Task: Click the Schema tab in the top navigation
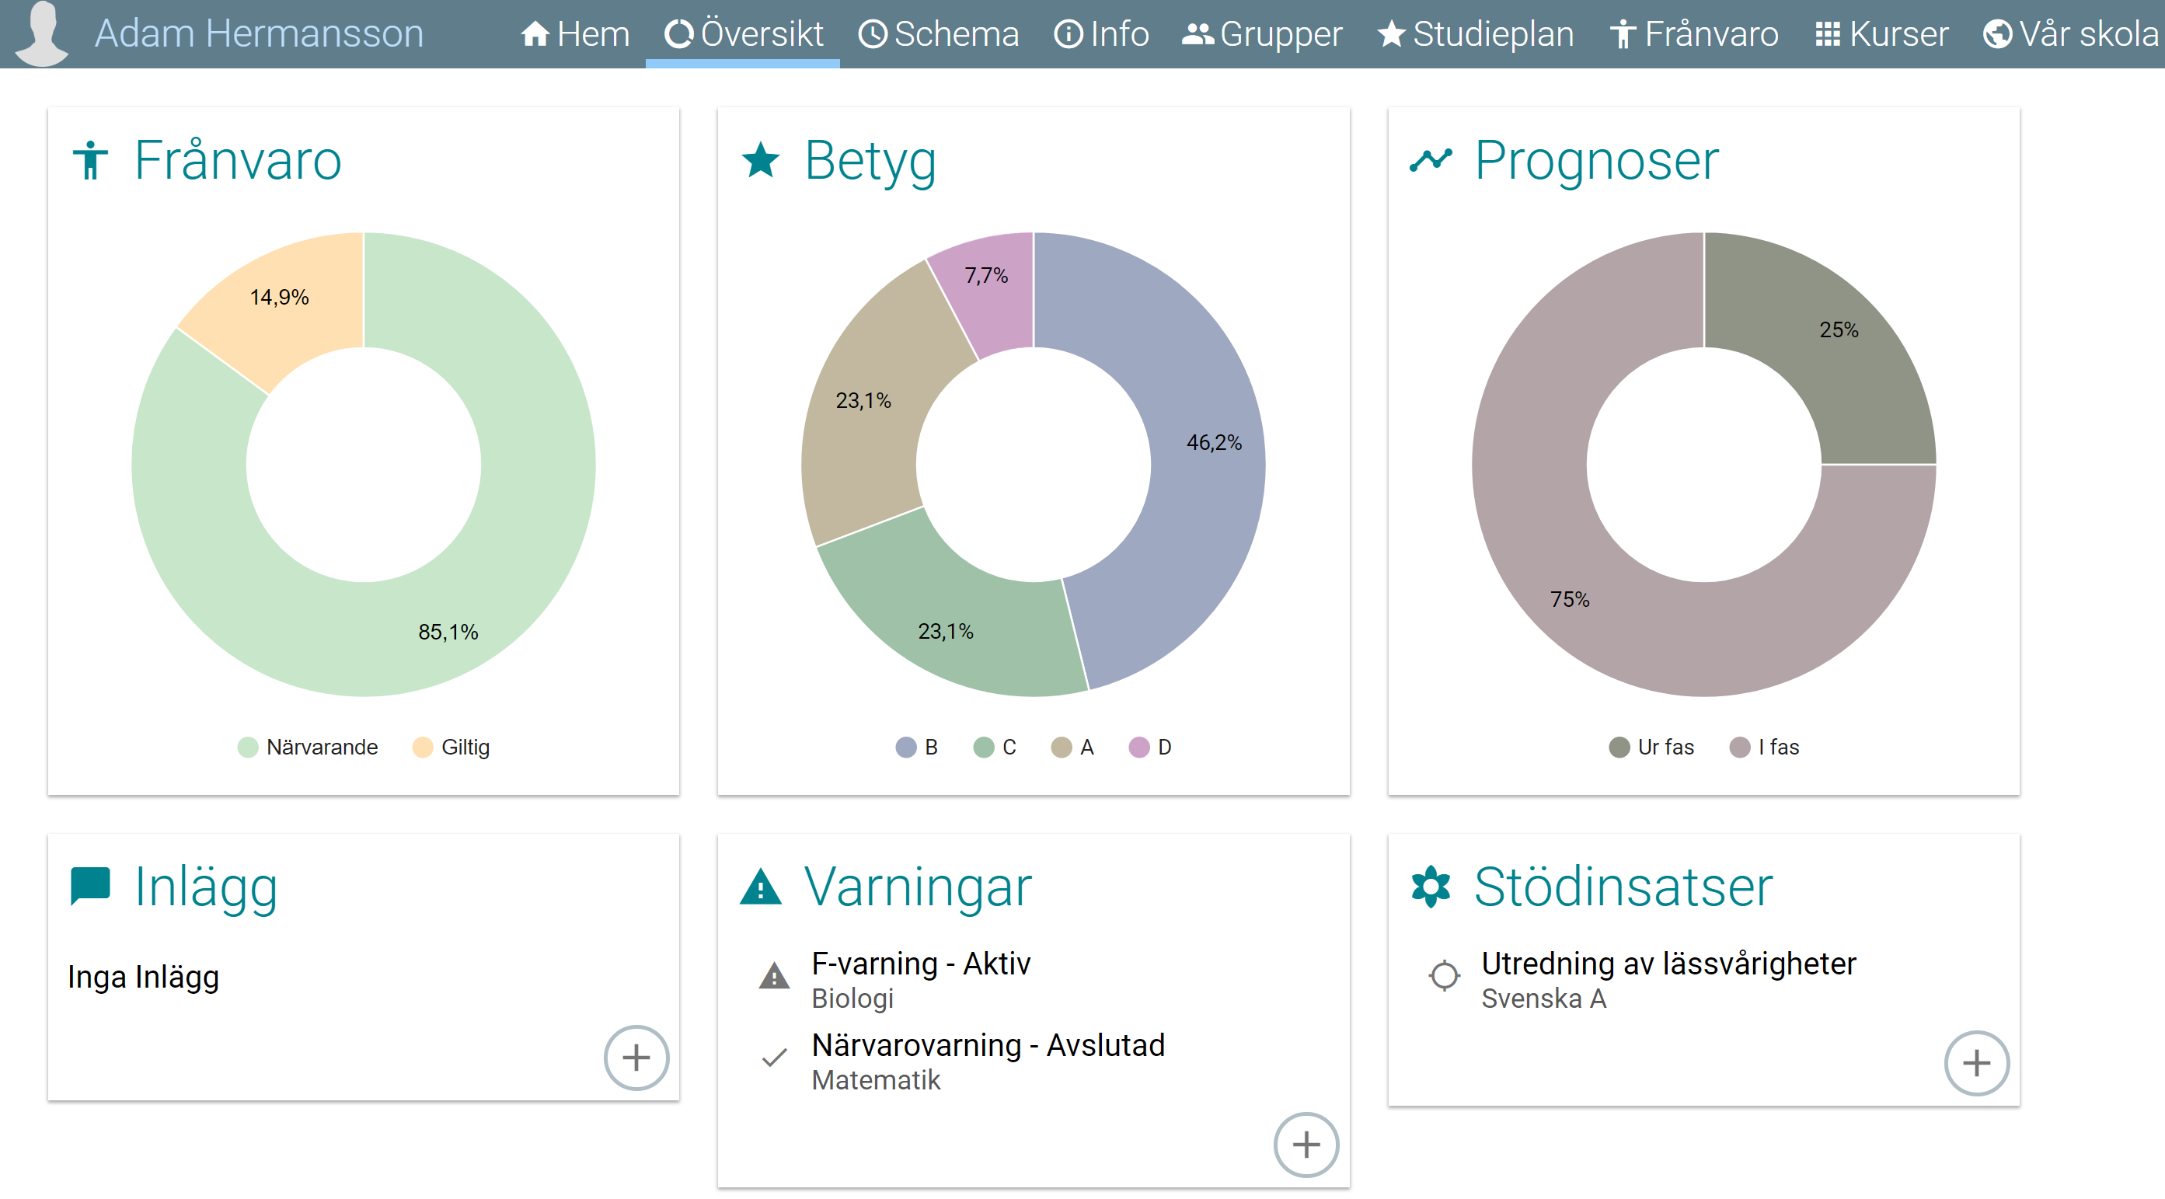[x=938, y=34]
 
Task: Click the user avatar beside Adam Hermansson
[x=42, y=33]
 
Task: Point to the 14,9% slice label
[x=279, y=298]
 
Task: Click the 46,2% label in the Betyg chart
[x=1213, y=443]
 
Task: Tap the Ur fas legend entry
[x=1652, y=747]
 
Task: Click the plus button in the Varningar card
[x=1306, y=1145]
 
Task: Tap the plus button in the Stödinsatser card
[x=1976, y=1063]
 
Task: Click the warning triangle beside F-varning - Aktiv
[x=774, y=976]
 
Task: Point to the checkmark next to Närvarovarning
[x=774, y=1058]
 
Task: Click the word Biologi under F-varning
[x=852, y=999]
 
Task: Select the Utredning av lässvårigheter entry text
[x=1668, y=964]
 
